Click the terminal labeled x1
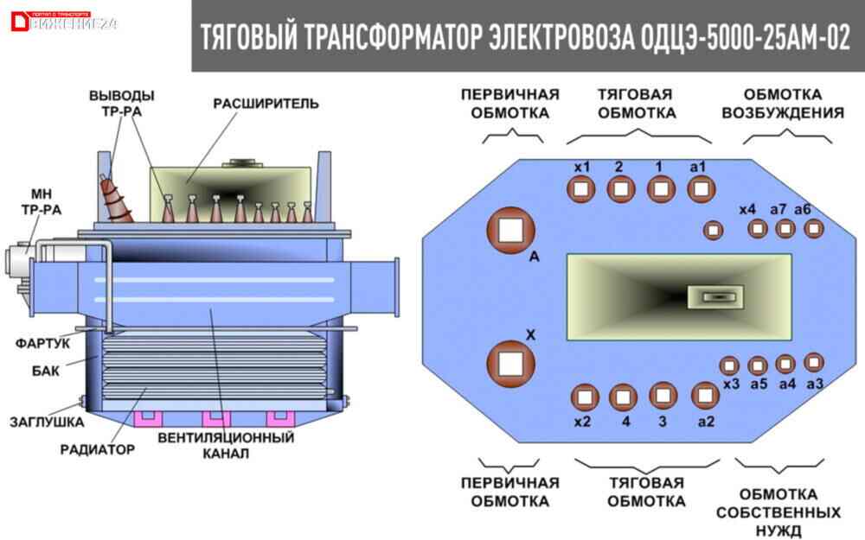tap(581, 187)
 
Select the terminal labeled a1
tap(702, 187)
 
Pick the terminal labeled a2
tap(707, 397)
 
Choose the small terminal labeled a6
tap(813, 228)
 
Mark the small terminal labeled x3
tap(729, 365)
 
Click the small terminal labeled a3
tap(813, 362)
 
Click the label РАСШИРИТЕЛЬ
tap(266, 105)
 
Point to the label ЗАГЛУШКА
tap(47, 422)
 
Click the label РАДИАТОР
tap(98, 449)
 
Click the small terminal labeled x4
tap(712, 230)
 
